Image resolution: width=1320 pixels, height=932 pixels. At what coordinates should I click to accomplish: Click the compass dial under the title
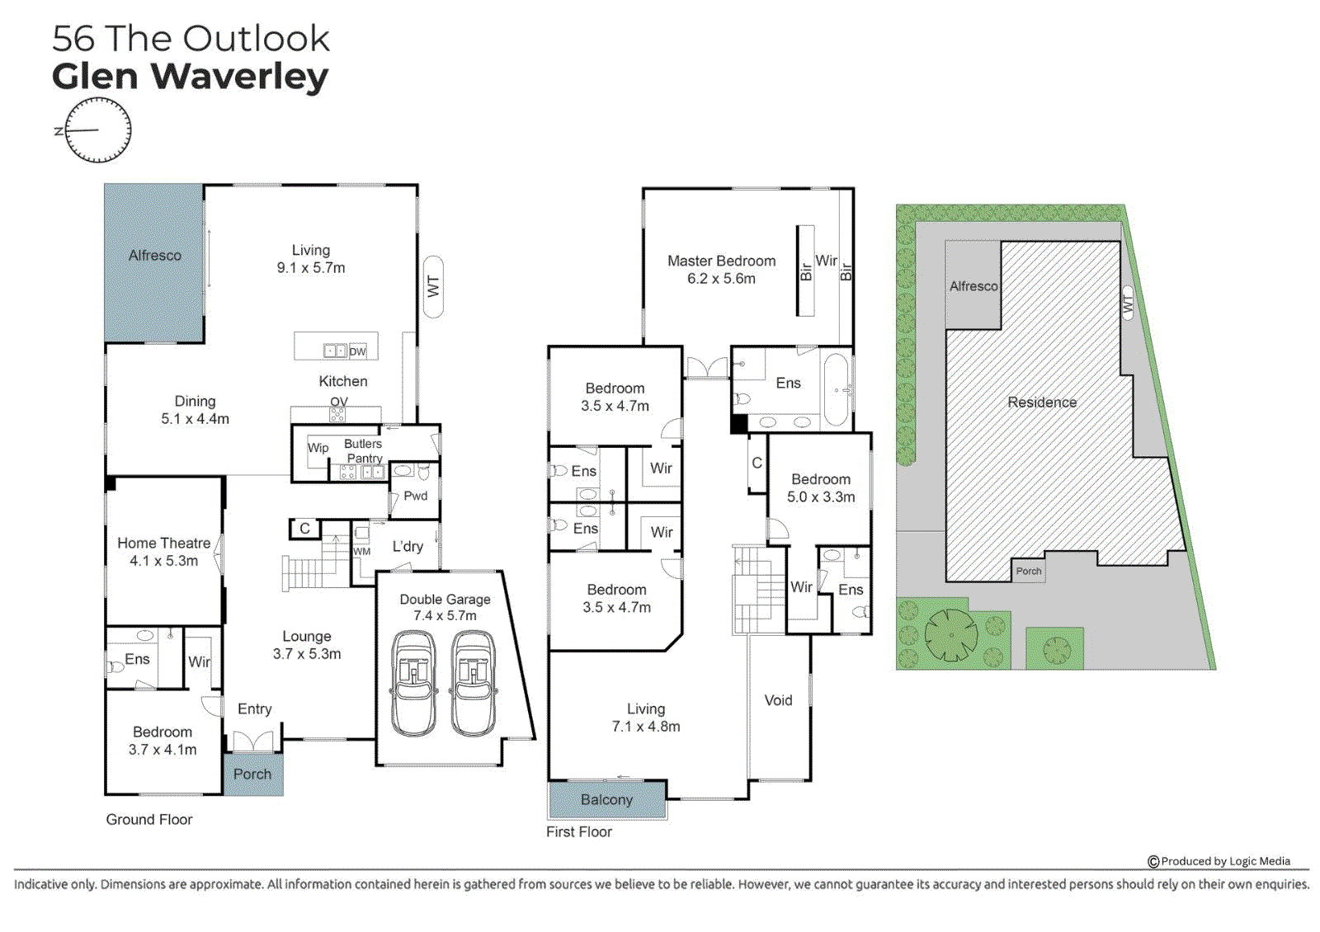pos(98,130)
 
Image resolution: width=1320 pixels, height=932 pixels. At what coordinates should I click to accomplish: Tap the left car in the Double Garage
pos(413,684)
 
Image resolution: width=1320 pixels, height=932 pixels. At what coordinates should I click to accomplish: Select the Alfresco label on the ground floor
pos(154,256)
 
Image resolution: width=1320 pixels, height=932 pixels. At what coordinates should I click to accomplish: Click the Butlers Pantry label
pos(363,450)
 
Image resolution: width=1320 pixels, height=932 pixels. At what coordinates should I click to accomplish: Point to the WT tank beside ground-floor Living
pos(433,287)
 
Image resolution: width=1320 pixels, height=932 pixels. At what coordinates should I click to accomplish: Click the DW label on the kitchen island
pos(357,351)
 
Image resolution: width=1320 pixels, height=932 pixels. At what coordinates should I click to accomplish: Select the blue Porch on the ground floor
pos(252,774)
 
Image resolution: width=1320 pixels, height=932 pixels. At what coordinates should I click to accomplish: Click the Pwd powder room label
pos(415,496)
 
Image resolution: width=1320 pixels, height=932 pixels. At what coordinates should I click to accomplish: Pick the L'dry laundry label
pos(408,546)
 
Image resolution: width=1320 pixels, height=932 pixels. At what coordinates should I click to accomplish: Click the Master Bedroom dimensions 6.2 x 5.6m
pos(721,279)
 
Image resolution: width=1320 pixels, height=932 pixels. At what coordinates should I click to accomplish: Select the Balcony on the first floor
pos(606,800)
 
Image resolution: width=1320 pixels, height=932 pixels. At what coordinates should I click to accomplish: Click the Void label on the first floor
pos(778,700)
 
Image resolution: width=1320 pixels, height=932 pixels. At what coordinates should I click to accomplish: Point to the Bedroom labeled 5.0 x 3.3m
pos(820,488)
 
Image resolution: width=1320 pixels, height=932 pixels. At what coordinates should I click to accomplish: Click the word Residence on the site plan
pos(1042,402)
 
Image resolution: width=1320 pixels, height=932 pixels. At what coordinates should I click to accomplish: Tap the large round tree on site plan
pos(951,635)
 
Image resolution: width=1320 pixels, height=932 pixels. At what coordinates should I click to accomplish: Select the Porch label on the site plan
pos(1028,571)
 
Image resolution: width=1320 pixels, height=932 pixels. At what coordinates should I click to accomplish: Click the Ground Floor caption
pos(149,820)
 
